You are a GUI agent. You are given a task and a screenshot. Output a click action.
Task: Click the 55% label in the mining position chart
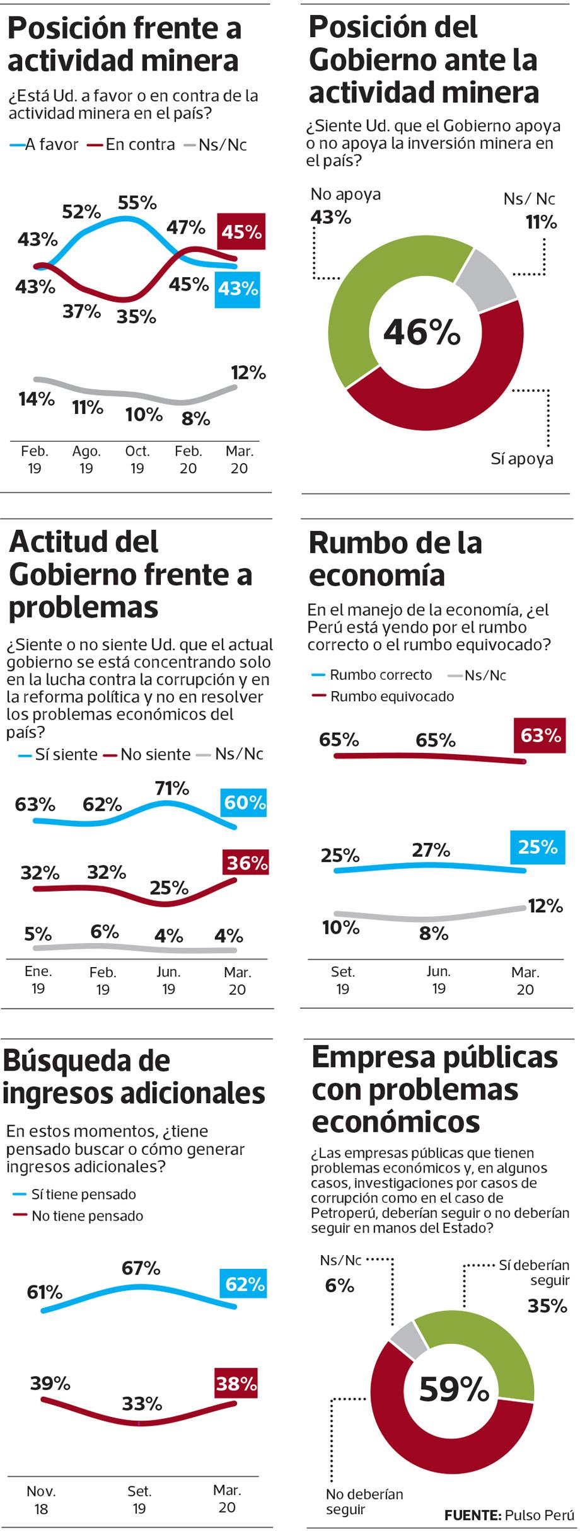pos(137,203)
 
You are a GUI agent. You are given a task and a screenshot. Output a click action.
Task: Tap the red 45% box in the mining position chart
pos(241,232)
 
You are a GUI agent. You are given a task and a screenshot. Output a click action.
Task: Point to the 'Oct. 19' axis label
pos(137,459)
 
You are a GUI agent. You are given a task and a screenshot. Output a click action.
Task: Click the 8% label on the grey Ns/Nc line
pos(195,419)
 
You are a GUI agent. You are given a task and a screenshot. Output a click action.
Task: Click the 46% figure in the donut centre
pos(422,332)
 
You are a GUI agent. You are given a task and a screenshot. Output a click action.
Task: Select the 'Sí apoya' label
pos(522,459)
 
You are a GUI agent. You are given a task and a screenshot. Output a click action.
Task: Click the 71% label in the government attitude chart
pos(172,788)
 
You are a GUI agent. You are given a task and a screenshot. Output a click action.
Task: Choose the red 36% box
pos(246,862)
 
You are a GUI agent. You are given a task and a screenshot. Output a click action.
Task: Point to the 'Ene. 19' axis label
pos(38,980)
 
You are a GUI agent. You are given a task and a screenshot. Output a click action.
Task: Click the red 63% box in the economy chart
pos(540,735)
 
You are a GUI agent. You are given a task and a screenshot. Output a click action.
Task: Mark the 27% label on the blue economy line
pos(431,851)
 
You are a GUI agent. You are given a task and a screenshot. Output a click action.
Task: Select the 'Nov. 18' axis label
pos(41,1499)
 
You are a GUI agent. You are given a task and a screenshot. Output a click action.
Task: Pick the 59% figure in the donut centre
pos(454,1389)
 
